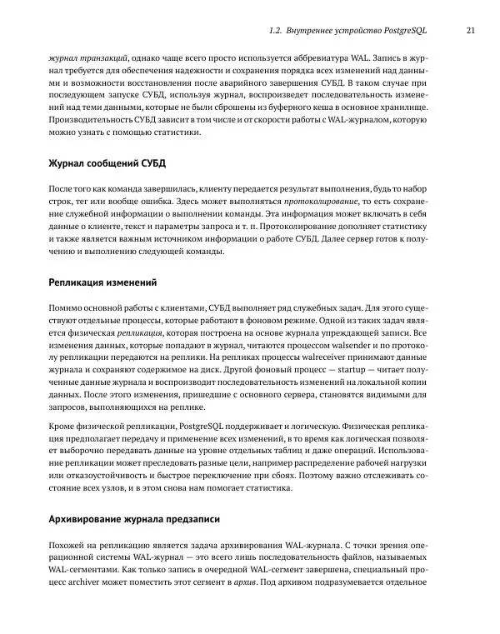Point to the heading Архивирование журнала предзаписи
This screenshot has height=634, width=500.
134,519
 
